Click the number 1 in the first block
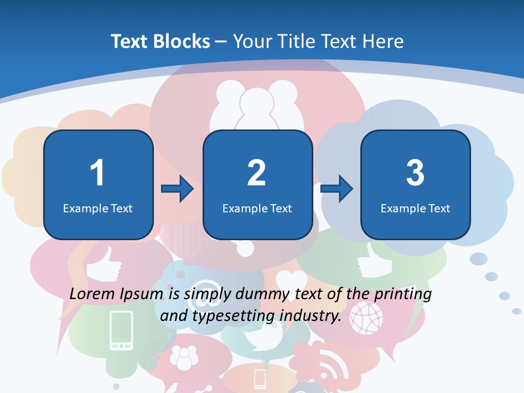(x=98, y=173)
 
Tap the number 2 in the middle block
(x=257, y=173)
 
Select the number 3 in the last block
(x=415, y=173)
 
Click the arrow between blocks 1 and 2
(x=177, y=189)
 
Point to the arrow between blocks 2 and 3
(x=337, y=189)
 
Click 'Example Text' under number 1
(x=98, y=208)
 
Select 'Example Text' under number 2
(x=257, y=208)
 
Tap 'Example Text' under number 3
(x=415, y=208)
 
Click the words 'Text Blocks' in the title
(x=160, y=41)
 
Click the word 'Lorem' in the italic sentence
(x=92, y=294)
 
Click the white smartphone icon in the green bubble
(x=121, y=330)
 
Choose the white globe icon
(x=366, y=317)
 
